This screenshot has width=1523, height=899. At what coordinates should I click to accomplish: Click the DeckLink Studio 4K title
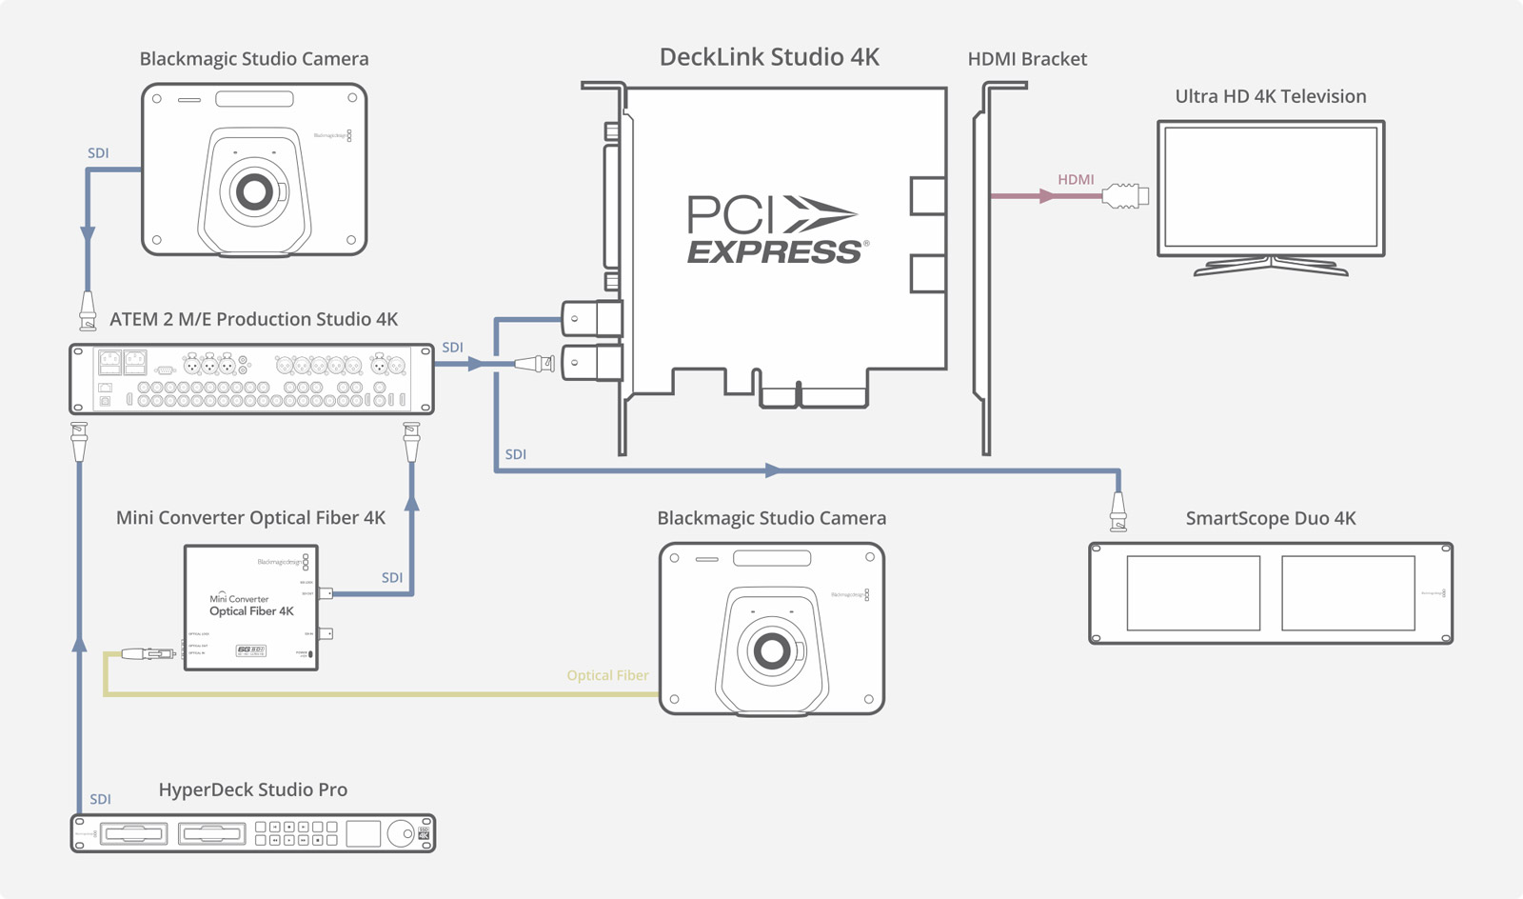tap(769, 57)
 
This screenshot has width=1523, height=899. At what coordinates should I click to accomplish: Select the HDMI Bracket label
tap(1027, 59)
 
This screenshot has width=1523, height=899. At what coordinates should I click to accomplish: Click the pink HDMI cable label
tap(1076, 179)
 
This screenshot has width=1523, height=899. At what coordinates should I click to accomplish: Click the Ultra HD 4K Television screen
tap(1271, 187)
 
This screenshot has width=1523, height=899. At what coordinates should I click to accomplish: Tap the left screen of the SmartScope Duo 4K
tap(1194, 593)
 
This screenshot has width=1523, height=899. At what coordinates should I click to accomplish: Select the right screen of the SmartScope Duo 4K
tap(1348, 593)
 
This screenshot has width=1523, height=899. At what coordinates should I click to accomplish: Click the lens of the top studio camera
tap(254, 192)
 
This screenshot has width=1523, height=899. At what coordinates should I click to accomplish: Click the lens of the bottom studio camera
tap(771, 651)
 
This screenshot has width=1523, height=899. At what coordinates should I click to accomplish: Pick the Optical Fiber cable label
tap(607, 675)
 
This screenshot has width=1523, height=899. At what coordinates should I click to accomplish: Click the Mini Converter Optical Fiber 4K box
tap(251, 608)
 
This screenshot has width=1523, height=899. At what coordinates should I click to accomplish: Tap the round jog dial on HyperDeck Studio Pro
tap(402, 833)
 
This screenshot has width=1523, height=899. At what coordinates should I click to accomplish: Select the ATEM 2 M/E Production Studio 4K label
tap(253, 319)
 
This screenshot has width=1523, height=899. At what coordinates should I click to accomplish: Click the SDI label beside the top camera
tap(98, 152)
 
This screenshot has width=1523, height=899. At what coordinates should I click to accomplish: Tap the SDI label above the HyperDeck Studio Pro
tap(100, 799)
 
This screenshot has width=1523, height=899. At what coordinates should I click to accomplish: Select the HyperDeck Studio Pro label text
tap(252, 789)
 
